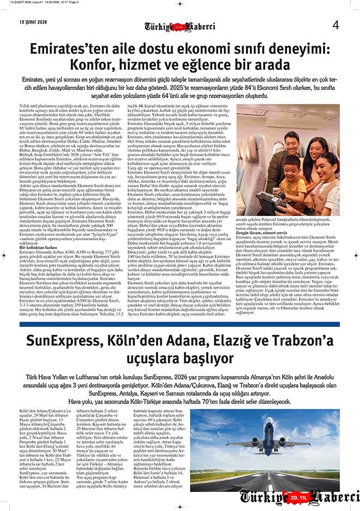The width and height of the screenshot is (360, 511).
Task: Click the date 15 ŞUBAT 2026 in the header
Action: click(x=34, y=22)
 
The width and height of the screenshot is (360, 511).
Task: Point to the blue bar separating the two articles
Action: click(x=180, y=324)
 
